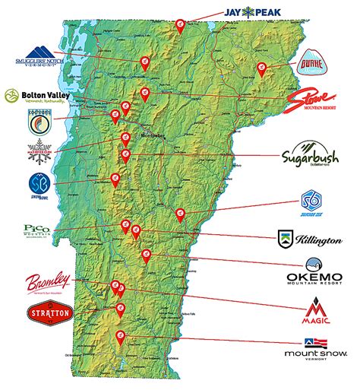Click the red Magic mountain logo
[x=314, y=310]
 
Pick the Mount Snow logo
[x=314, y=350]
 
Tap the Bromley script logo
[x=49, y=282]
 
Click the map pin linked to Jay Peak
[x=180, y=25]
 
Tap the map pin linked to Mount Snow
[x=119, y=336]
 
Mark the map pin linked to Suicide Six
[x=180, y=214]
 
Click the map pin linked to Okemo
[x=147, y=254]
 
